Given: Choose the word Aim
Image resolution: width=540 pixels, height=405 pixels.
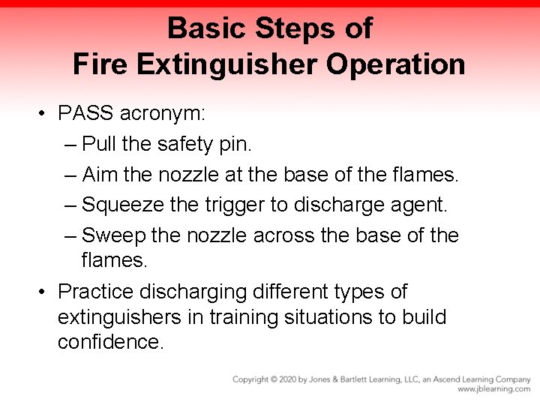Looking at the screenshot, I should click(x=99, y=174).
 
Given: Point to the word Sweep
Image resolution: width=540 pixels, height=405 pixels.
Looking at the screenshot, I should click(x=113, y=235).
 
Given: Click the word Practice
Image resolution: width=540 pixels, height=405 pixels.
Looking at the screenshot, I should click(x=97, y=290).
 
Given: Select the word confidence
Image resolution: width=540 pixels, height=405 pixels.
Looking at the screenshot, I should click(x=109, y=343).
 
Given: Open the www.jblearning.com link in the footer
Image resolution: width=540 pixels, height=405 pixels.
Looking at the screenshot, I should click(x=493, y=389).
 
